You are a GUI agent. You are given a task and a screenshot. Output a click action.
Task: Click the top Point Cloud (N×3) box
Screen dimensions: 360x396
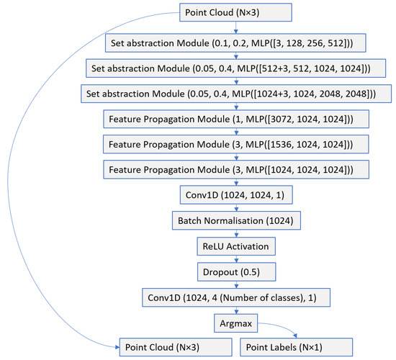click(237, 12)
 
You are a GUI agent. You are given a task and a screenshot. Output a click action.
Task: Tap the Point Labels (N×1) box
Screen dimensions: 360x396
click(297, 348)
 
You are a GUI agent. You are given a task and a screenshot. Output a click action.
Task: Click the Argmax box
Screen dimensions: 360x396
click(236, 323)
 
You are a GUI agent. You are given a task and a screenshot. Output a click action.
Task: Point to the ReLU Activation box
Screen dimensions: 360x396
click(236, 246)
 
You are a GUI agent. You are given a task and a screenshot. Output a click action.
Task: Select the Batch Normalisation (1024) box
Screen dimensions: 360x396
click(236, 220)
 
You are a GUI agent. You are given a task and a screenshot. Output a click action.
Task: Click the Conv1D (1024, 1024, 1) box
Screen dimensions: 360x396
click(236, 194)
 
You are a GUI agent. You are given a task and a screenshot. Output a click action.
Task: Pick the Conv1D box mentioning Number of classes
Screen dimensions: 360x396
click(236, 299)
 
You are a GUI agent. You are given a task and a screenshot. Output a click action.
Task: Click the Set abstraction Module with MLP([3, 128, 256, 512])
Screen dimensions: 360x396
click(236, 42)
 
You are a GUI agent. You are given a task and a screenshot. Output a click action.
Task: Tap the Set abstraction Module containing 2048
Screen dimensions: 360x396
click(236, 94)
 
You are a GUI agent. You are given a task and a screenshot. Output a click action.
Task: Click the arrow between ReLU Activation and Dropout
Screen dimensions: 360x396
click(236, 259)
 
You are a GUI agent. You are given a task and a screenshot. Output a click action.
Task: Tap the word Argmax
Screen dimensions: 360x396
click(236, 323)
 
